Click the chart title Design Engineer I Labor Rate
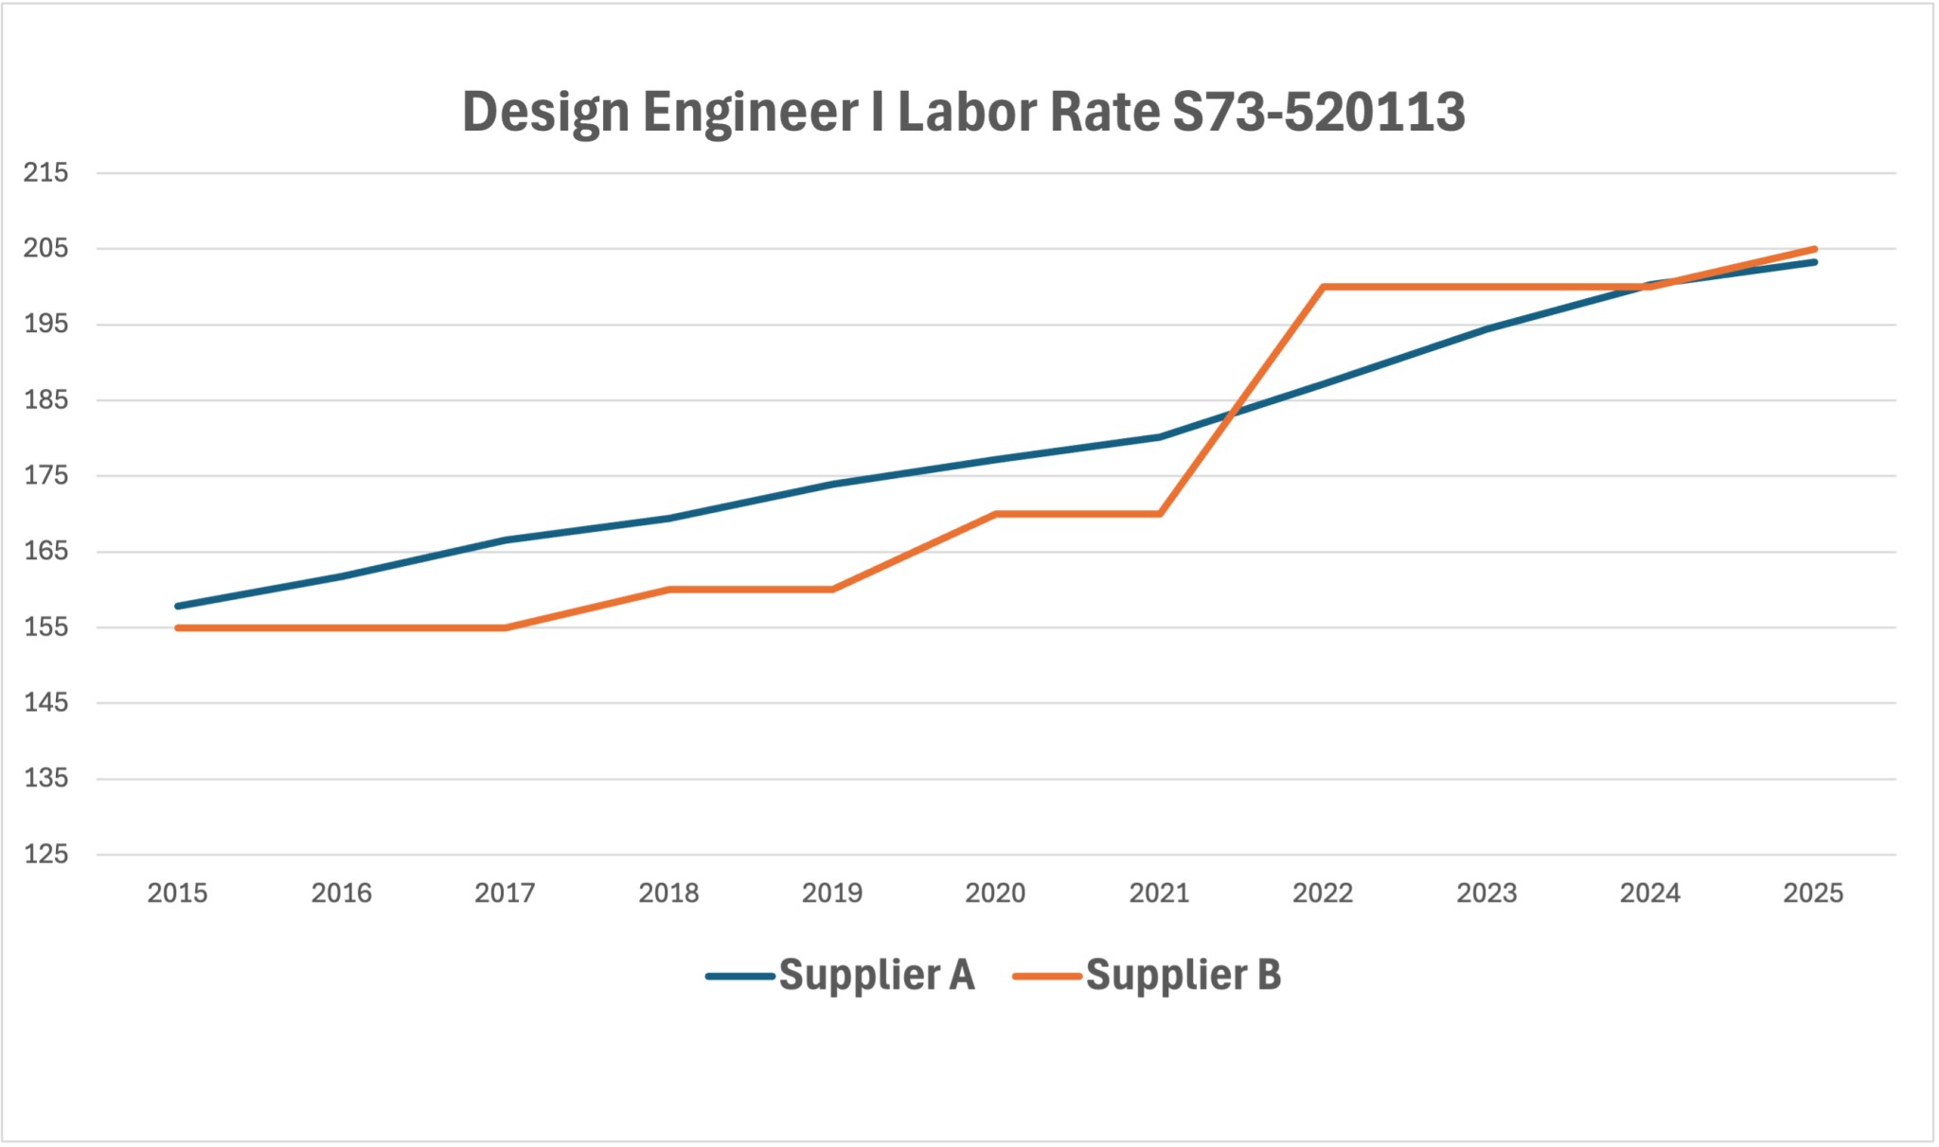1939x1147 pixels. pyautogui.click(x=963, y=112)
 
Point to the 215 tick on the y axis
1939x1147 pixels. pyautogui.click(x=46, y=172)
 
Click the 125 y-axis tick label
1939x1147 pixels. pyautogui.click(x=46, y=854)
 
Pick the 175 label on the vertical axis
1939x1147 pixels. pyautogui.click(x=46, y=475)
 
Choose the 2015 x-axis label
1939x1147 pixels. pyautogui.click(x=177, y=892)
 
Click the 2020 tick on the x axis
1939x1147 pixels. pyautogui.click(x=995, y=892)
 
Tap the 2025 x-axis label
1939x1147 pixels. pyautogui.click(x=1813, y=892)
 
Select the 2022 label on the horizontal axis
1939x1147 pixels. pyautogui.click(x=1323, y=892)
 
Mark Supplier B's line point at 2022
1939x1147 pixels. pyautogui.click(x=1323, y=287)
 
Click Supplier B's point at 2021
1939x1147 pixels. pyautogui.click(x=1160, y=514)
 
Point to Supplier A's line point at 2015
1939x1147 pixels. pyautogui.click(x=178, y=606)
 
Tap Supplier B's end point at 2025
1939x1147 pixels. pyautogui.click(x=1814, y=249)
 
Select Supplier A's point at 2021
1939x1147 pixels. pyautogui.click(x=1160, y=437)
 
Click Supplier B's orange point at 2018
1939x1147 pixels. pyautogui.click(x=669, y=590)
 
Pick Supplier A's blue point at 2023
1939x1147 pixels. pyautogui.click(x=1486, y=329)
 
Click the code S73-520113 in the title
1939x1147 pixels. pyautogui.click(x=1318, y=112)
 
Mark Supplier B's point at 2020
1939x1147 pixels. pyautogui.click(x=996, y=514)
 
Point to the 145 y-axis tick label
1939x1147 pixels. pyautogui.click(x=46, y=702)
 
